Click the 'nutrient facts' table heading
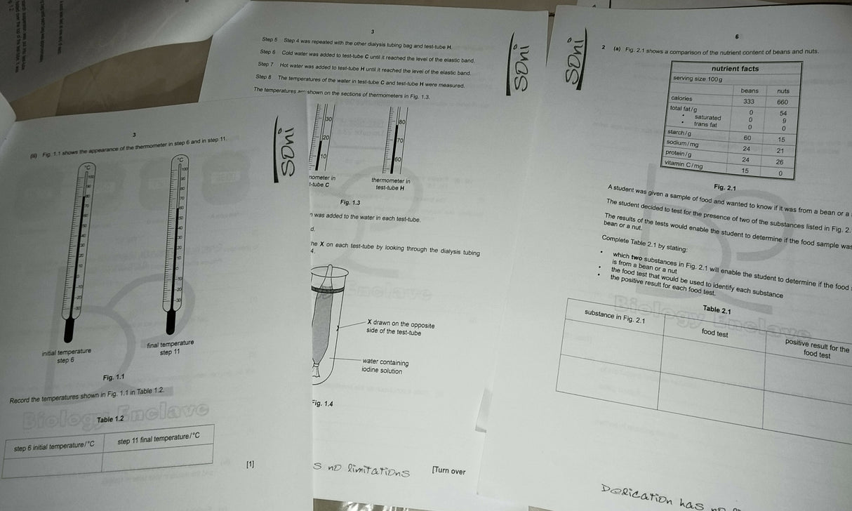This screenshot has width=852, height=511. pyautogui.click(x=735, y=69)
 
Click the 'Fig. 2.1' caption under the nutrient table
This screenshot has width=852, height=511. pyautogui.click(x=724, y=187)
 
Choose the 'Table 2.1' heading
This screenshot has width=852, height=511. pyautogui.click(x=717, y=310)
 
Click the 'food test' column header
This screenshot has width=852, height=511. pyautogui.click(x=714, y=333)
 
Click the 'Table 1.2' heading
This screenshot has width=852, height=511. pyautogui.click(x=110, y=419)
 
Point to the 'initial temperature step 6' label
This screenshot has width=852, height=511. pyautogui.click(x=66, y=355)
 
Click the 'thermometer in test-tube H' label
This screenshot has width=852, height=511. pyautogui.click(x=391, y=184)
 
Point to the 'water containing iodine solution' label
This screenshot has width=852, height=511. pyautogui.click(x=385, y=366)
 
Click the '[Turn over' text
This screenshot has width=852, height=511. pyautogui.click(x=448, y=470)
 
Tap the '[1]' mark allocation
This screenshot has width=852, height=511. pyautogui.click(x=251, y=464)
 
